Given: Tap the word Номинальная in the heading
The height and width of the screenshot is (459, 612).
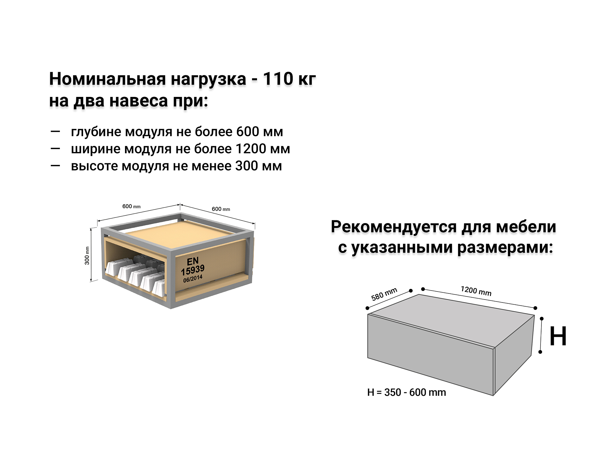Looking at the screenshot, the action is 107,79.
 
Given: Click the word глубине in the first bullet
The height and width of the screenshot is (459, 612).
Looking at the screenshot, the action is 96,132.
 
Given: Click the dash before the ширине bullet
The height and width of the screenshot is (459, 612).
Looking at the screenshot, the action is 55,148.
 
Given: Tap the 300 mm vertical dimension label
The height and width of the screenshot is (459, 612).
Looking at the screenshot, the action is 87,256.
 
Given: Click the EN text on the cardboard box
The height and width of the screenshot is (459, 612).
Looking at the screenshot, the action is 193,261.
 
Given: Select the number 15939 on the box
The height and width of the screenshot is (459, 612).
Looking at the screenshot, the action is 193,270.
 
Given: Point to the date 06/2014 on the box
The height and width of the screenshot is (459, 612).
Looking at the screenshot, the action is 193,279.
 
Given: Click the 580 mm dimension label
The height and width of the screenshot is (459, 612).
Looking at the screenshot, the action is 384,294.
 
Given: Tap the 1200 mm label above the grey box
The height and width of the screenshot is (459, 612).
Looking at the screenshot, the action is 476,291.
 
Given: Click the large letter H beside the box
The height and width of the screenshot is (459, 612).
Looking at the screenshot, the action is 558,336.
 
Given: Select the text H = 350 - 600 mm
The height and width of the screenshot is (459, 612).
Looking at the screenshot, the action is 406,392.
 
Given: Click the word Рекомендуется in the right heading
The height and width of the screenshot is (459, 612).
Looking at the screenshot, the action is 394,227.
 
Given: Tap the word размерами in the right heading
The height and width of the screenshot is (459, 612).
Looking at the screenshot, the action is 505,248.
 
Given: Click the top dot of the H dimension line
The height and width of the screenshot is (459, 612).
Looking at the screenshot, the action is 542,319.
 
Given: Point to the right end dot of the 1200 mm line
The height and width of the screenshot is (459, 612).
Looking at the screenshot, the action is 535,308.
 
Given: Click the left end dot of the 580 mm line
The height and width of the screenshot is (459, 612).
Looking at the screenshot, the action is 367,308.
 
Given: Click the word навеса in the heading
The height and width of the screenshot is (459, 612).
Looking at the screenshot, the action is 139,101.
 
